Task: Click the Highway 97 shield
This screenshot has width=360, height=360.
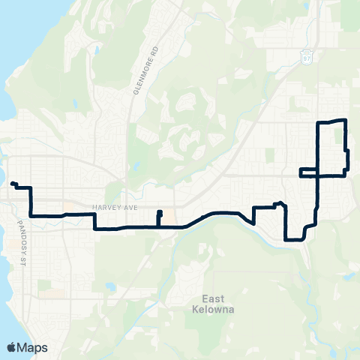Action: coord(306,57)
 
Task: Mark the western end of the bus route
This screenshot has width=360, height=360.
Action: coord(13,183)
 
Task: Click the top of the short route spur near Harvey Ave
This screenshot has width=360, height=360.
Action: coord(159,212)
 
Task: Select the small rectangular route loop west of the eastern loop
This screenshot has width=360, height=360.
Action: coord(309,172)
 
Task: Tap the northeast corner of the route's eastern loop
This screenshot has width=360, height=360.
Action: coord(345,120)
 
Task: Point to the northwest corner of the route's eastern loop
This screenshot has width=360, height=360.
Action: coord(319,122)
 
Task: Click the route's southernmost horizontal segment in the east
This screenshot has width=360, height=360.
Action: coord(295,240)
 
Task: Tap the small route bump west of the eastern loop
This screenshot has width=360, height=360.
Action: coord(278,203)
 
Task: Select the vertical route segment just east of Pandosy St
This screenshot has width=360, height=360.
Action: coord(30,200)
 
